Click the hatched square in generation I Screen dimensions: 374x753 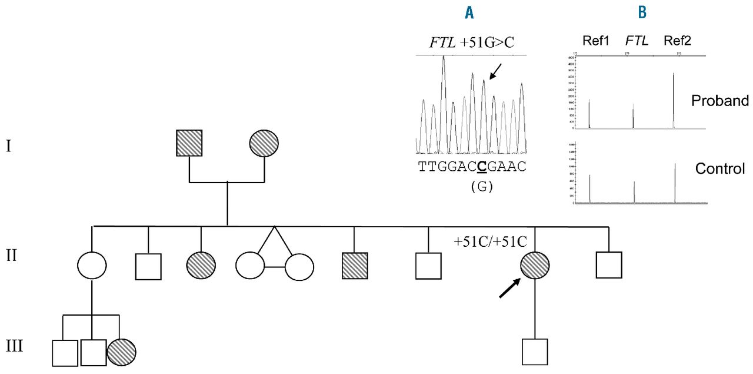189,143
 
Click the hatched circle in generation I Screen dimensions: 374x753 264,143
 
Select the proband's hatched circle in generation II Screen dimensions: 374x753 534,267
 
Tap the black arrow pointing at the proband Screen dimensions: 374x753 509,289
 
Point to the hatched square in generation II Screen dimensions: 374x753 354,265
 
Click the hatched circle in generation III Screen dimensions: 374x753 122,352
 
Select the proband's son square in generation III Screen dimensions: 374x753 535,352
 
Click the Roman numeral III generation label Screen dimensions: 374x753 14,345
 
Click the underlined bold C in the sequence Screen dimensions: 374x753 481,167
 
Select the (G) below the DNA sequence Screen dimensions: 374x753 482,187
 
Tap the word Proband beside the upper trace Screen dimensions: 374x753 720,101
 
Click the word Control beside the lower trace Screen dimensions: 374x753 720,169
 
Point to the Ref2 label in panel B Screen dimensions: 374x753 677,41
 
